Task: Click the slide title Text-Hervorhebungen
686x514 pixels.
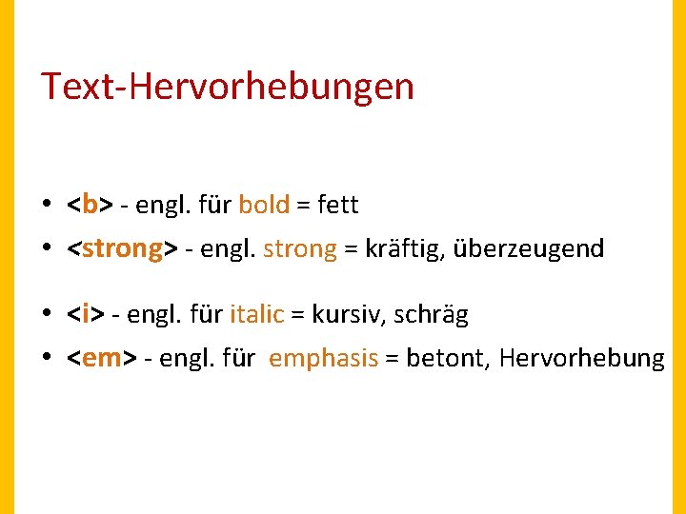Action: (227, 87)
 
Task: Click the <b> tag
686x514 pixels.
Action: (91, 204)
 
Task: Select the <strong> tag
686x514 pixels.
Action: (122, 249)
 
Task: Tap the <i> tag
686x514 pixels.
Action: (85, 314)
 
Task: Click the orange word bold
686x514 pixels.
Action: (264, 204)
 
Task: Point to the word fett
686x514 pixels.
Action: (337, 204)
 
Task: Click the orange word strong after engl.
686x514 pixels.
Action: (300, 249)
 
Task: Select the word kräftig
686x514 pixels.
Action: (404, 249)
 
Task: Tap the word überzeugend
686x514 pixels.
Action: (529, 249)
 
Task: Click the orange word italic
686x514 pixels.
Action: (257, 314)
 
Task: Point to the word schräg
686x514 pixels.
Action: (432, 314)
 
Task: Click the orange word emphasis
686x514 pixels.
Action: (324, 359)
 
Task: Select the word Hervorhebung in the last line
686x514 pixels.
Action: (582, 359)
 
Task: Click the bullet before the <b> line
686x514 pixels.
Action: (46, 205)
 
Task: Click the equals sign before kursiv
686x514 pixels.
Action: (298, 315)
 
